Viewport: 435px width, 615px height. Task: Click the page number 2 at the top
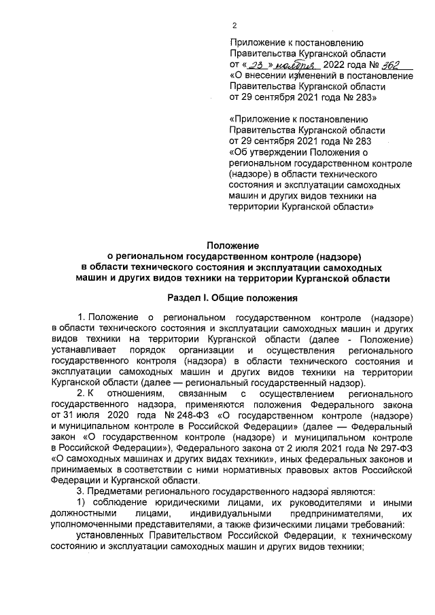tap(234, 26)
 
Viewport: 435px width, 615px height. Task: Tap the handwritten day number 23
tap(256, 65)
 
